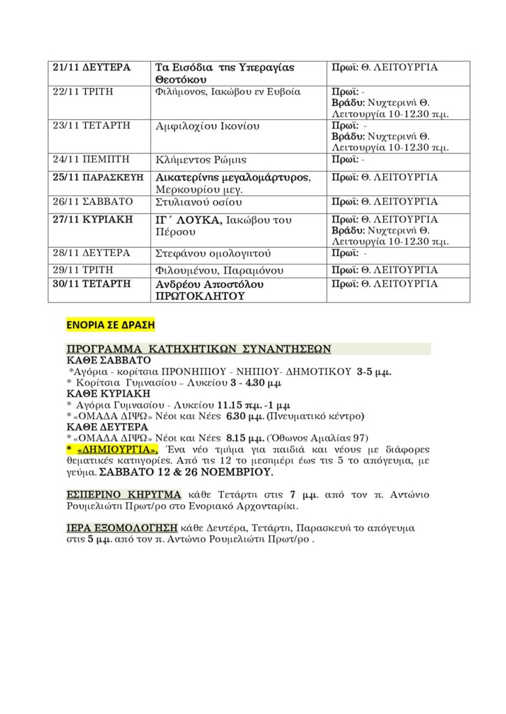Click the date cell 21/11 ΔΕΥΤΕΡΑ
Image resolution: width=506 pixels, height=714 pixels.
point(92,68)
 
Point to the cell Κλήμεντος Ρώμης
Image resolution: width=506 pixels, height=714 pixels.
point(200,160)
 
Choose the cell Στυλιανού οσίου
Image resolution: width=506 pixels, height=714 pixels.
point(198,202)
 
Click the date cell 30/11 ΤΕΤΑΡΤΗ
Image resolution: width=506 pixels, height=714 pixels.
point(91,284)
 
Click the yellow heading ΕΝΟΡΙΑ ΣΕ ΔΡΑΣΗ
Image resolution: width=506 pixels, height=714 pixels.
point(110,325)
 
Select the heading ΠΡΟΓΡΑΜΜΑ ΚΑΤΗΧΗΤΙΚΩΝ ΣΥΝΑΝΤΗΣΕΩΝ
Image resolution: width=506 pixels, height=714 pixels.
point(198,349)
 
